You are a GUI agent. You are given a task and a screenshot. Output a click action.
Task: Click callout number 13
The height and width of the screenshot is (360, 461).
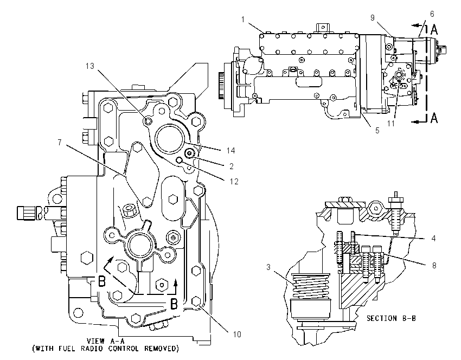[90, 66]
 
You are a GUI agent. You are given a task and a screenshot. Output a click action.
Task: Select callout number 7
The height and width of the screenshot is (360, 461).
[60, 143]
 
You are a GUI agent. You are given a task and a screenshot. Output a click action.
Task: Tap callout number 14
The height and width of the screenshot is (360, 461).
[231, 151]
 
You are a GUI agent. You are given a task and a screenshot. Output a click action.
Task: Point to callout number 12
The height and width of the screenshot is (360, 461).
[234, 182]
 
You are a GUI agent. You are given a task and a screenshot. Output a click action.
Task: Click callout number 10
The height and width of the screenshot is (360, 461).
[237, 334]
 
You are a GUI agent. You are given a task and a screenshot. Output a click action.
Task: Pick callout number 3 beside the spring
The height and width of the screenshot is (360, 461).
[268, 267]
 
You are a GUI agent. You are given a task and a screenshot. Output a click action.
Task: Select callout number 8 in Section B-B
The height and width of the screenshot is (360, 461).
[434, 265]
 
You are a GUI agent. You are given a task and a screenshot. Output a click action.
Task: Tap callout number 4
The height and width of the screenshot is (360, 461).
[434, 239]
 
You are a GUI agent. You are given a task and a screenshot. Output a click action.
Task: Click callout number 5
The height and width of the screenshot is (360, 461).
[377, 131]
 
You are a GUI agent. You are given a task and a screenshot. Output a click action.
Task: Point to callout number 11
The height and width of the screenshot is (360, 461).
[390, 124]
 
